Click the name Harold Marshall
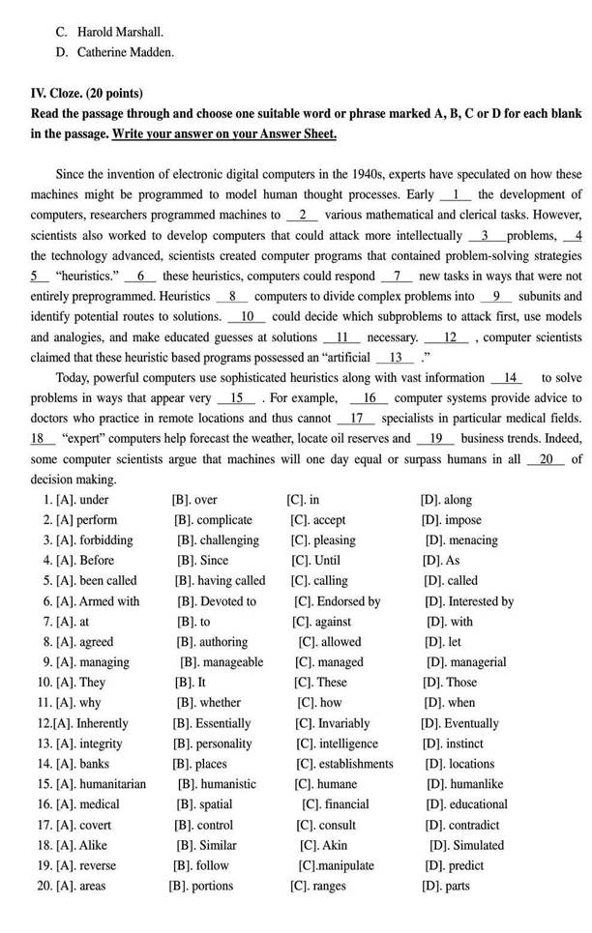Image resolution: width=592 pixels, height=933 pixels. [x=121, y=31]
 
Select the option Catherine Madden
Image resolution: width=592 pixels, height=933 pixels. [x=126, y=52]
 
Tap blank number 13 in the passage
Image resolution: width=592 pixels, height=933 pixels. [x=394, y=358]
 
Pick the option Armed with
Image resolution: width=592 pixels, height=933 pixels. [x=107, y=601]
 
